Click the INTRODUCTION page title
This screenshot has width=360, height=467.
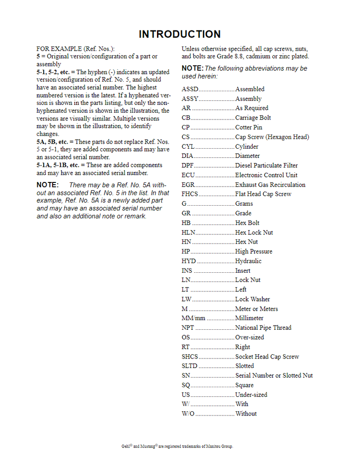click(179, 34)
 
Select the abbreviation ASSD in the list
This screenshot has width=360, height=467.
click(190, 89)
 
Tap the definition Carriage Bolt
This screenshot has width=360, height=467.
click(253, 118)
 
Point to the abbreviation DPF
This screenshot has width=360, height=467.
click(188, 166)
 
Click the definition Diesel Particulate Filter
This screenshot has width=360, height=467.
click(266, 166)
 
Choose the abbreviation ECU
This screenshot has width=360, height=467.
click(188, 175)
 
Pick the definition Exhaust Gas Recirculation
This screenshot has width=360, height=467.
click(270, 185)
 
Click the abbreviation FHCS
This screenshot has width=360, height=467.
click(190, 194)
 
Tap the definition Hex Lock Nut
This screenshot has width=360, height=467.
click(254, 233)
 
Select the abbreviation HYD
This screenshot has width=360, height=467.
click(189, 261)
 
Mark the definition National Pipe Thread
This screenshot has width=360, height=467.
click(263, 328)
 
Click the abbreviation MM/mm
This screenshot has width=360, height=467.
click(193, 318)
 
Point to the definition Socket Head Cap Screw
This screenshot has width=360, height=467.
click(267, 357)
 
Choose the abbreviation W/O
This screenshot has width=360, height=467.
click(188, 414)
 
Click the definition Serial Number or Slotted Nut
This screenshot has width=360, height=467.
click(274, 376)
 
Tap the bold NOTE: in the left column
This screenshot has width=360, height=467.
click(47, 185)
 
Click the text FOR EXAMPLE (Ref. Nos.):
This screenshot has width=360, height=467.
click(75, 48)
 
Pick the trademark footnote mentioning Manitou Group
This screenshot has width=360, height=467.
click(174, 446)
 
